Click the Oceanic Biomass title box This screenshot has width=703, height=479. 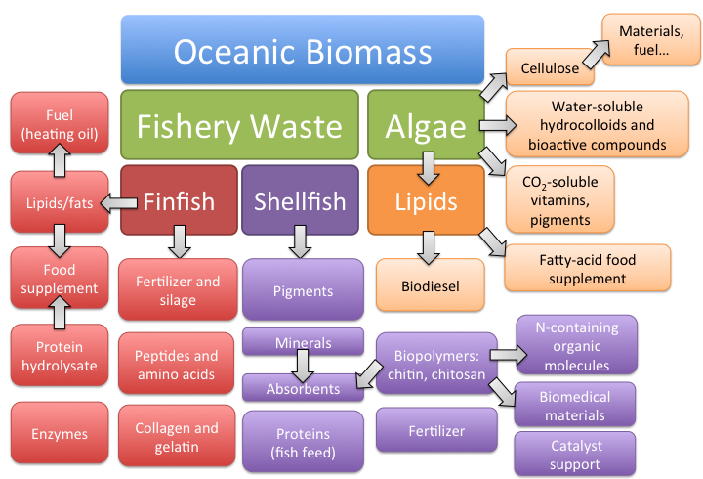303,50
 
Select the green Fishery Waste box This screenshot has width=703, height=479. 239,126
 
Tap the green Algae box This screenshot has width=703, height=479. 426,126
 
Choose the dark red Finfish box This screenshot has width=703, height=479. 179,201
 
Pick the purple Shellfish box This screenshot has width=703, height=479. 300,201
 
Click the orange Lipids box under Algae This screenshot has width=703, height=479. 426,201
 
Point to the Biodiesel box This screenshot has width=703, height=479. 431,286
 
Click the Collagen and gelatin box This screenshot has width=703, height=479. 178,437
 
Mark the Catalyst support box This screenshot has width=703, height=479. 574,455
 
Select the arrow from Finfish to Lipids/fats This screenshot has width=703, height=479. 118,202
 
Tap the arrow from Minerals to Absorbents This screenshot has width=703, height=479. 303,365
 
